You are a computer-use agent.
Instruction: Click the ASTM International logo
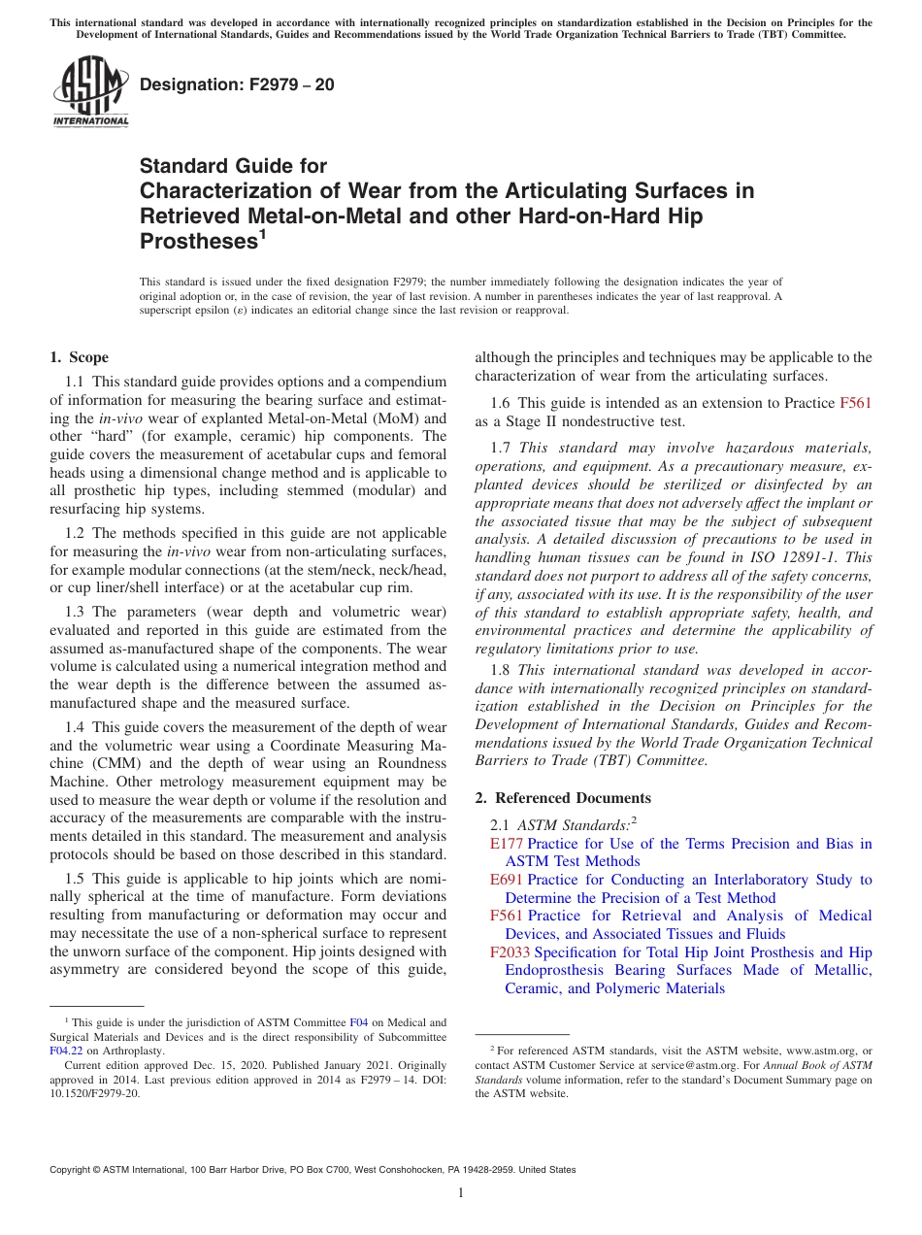point(89,92)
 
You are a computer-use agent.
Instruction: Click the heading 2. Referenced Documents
point(563,797)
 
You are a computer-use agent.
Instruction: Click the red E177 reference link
point(507,844)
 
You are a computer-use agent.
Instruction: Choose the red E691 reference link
point(507,880)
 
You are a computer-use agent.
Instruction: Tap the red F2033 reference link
point(510,952)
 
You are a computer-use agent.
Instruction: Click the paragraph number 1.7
point(501,448)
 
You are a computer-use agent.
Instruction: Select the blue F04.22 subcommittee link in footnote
point(65,1050)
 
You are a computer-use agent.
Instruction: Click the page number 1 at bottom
point(461,1192)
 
